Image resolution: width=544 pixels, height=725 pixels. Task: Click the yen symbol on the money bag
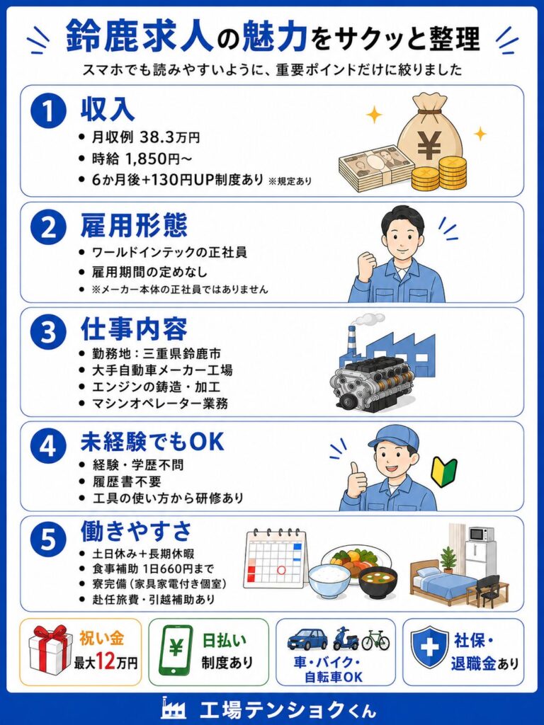click(x=429, y=144)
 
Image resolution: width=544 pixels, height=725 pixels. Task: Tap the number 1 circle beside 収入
click(x=49, y=111)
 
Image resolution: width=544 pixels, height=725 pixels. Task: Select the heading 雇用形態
click(x=134, y=226)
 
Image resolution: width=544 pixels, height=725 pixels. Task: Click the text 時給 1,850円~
click(x=142, y=159)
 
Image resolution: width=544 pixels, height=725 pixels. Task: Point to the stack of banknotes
click(x=375, y=169)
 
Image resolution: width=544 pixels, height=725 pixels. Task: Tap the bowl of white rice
click(x=330, y=582)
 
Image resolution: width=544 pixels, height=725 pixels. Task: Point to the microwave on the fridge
click(x=482, y=534)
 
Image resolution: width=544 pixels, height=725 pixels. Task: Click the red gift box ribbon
click(x=50, y=635)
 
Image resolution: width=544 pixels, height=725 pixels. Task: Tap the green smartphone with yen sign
click(x=176, y=651)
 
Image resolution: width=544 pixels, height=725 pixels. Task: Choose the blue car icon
click(x=307, y=639)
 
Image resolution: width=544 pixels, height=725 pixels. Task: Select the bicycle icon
click(x=375, y=640)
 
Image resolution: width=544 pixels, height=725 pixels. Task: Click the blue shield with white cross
click(x=430, y=648)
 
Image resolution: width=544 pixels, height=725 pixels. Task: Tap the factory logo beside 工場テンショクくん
click(x=174, y=707)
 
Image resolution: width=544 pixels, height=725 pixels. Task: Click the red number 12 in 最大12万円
click(x=106, y=662)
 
